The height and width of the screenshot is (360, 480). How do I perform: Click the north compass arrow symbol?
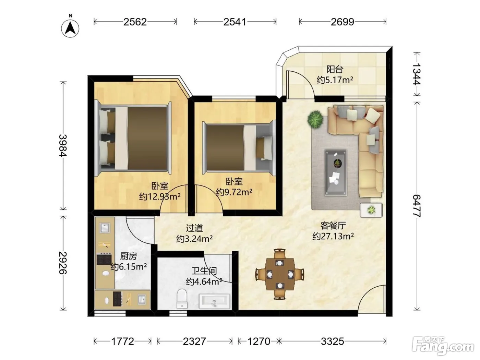pyautogui.click(x=70, y=28)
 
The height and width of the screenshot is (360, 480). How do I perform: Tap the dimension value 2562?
pyautogui.click(x=135, y=22)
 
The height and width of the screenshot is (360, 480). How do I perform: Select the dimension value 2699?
pyautogui.click(x=342, y=22)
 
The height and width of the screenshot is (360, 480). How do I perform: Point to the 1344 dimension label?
pyautogui.click(x=417, y=74)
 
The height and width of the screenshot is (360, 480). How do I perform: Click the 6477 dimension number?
pyautogui.click(x=417, y=206)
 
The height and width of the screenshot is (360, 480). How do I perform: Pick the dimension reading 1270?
pyautogui.click(x=259, y=341)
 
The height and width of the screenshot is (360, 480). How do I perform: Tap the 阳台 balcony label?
pyautogui.click(x=335, y=70)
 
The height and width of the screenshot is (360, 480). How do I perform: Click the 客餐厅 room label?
pyautogui.click(x=333, y=226)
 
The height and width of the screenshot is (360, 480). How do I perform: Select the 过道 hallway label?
pyautogui.click(x=194, y=228)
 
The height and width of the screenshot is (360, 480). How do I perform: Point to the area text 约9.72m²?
pyautogui.click(x=234, y=192)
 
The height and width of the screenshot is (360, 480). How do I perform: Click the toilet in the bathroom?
pyautogui.click(x=182, y=298)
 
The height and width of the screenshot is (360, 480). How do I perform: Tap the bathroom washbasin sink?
pyautogui.click(x=214, y=301)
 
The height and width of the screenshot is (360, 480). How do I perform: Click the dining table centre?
pyautogui.click(x=280, y=274)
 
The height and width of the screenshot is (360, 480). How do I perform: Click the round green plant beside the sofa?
pyautogui.click(x=315, y=119)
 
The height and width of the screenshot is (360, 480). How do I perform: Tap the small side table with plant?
pyautogui.click(x=371, y=210)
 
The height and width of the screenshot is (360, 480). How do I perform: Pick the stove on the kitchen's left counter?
pyautogui.click(x=105, y=259)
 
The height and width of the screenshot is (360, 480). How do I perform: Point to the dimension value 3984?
pyautogui.click(x=63, y=145)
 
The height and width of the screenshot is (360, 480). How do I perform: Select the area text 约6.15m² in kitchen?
pyautogui.click(x=129, y=267)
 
